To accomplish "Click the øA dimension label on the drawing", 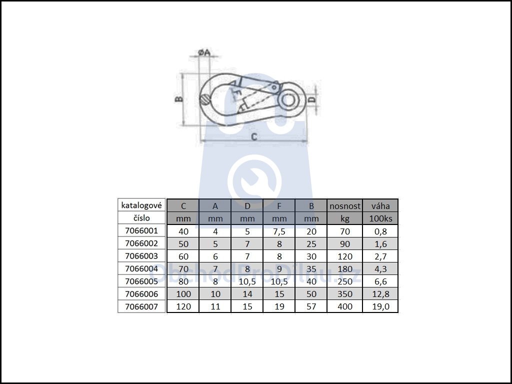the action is coord(204,52).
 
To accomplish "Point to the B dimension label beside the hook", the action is coord(179,98).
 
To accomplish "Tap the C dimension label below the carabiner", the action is coord(254,136).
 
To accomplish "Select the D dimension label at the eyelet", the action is coord(312,99).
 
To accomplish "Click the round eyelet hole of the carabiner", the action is coord(288,100).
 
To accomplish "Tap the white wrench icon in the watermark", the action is coord(254,181).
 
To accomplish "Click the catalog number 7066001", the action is coord(141,231).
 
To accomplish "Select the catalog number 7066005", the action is coord(141,281).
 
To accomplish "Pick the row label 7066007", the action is coord(141,306).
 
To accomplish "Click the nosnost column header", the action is coord(345,206).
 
